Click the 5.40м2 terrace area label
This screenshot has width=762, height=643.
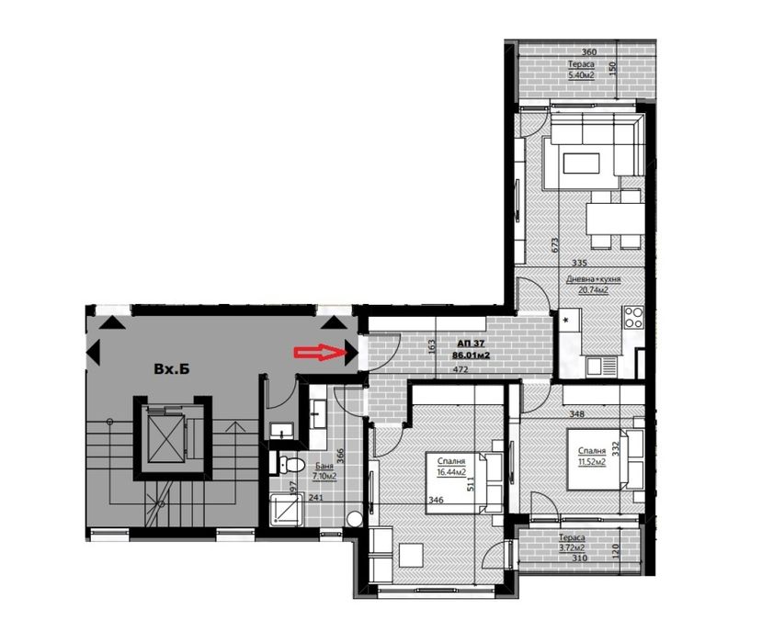click(x=581, y=75)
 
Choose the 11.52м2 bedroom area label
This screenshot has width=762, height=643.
click(x=591, y=462)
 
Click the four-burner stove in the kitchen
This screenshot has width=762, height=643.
click(x=633, y=320)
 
